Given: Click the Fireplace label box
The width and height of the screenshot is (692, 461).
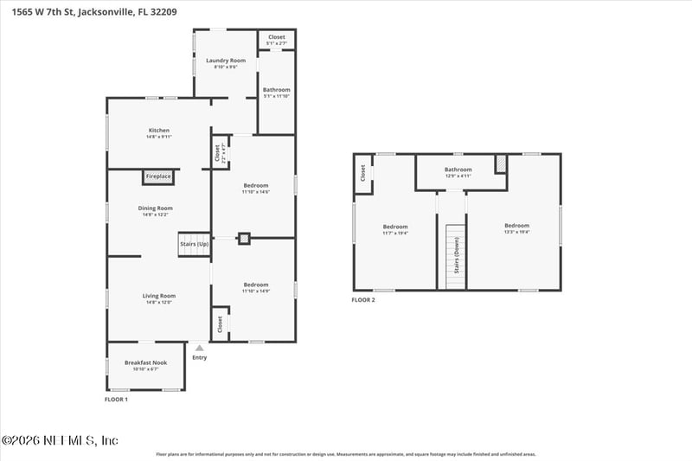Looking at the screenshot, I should (x=158, y=176).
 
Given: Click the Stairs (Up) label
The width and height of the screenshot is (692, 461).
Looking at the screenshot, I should (x=194, y=245).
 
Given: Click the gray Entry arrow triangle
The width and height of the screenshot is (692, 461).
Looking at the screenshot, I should (x=200, y=348).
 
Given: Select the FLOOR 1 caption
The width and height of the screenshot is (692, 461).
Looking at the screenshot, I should (x=116, y=400).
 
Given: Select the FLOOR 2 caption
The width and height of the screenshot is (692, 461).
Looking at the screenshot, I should (x=362, y=300).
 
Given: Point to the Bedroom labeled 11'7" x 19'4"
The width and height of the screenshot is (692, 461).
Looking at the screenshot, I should (x=394, y=229).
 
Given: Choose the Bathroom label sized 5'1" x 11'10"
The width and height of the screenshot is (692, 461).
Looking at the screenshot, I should (x=277, y=92).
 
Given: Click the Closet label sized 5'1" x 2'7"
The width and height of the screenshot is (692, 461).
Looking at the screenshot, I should (x=277, y=39).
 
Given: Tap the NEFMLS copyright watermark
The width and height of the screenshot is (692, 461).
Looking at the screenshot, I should (x=60, y=440).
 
